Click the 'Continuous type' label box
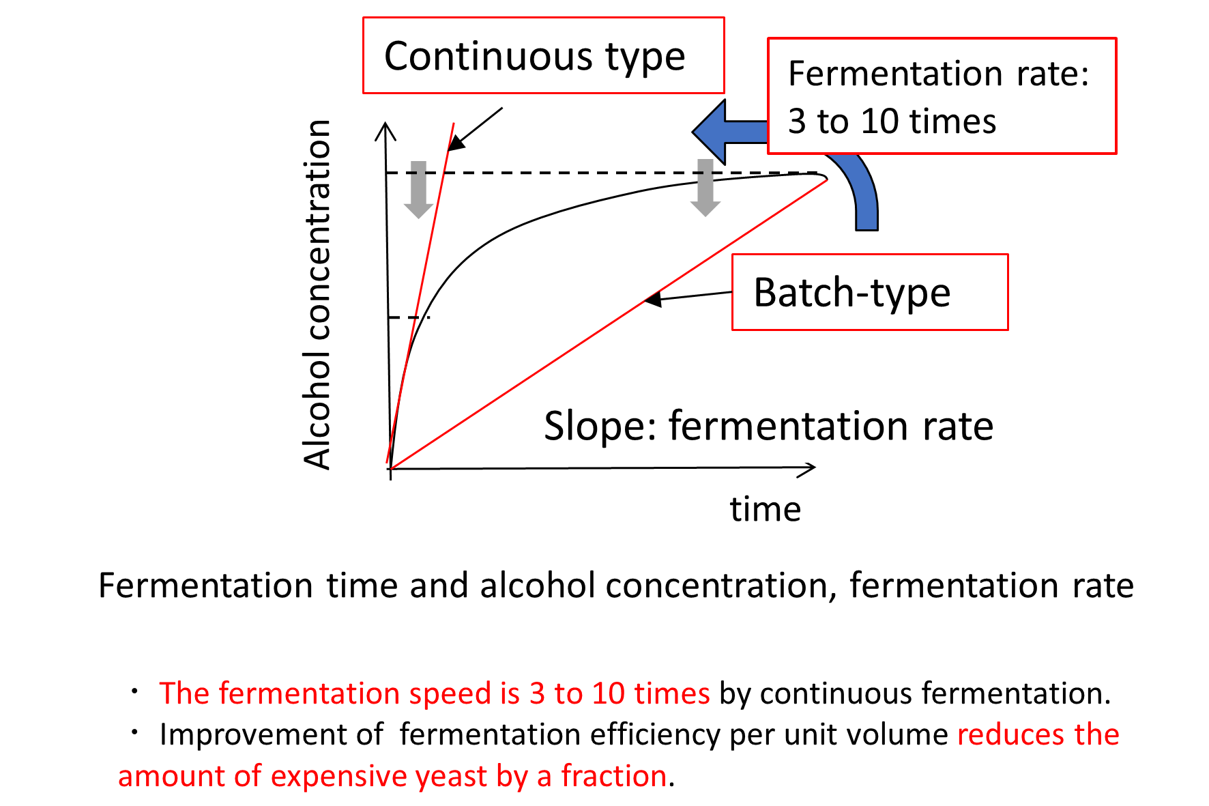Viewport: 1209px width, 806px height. pyautogui.click(x=543, y=55)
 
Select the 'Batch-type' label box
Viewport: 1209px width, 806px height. pyautogui.click(x=870, y=292)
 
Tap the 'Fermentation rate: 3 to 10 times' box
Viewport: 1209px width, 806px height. pyautogui.click(x=942, y=96)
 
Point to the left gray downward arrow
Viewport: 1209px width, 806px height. pyautogui.click(x=418, y=189)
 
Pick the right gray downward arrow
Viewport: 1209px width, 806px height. pyautogui.click(x=705, y=187)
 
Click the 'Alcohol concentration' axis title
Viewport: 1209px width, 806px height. pyautogui.click(x=317, y=294)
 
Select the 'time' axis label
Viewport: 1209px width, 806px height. pyautogui.click(x=766, y=509)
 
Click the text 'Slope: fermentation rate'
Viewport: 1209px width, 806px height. pyautogui.click(x=768, y=426)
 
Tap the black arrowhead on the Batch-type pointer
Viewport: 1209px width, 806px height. pyautogui.click(x=653, y=299)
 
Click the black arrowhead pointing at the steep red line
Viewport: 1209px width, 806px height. pyautogui.click(x=456, y=142)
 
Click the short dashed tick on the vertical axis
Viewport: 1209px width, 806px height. pyautogui.click(x=409, y=317)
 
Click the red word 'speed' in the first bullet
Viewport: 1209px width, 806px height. pyautogui.click(x=450, y=694)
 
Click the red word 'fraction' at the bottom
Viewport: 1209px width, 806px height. pyautogui.click(x=613, y=776)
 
